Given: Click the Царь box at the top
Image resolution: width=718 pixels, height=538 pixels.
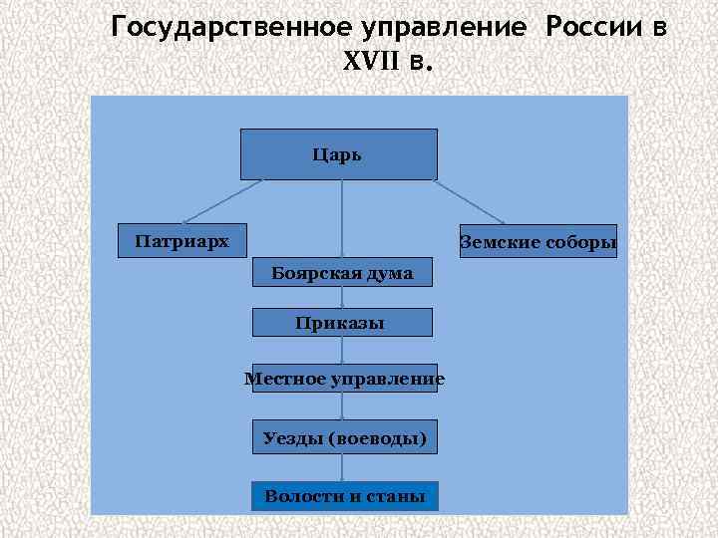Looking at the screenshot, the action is [x=339, y=154].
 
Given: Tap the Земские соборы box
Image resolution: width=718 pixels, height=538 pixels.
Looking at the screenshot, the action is [x=538, y=242].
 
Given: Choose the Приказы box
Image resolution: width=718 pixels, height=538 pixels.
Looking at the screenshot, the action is [x=342, y=322].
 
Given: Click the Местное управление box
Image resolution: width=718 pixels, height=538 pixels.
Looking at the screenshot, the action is [x=344, y=379].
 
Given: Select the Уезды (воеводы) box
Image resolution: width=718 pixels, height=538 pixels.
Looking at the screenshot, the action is [x=344, y=436].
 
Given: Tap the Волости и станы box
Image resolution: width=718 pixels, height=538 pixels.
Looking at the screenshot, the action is [x=344, y=495].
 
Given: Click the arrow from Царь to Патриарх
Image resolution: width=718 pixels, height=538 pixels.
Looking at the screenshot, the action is [x=222, y=200].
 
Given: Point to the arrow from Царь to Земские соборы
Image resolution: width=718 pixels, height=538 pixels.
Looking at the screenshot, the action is [x=470, y=202].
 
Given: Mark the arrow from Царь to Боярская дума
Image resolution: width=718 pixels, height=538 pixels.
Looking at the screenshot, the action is [x=342, y=219].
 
